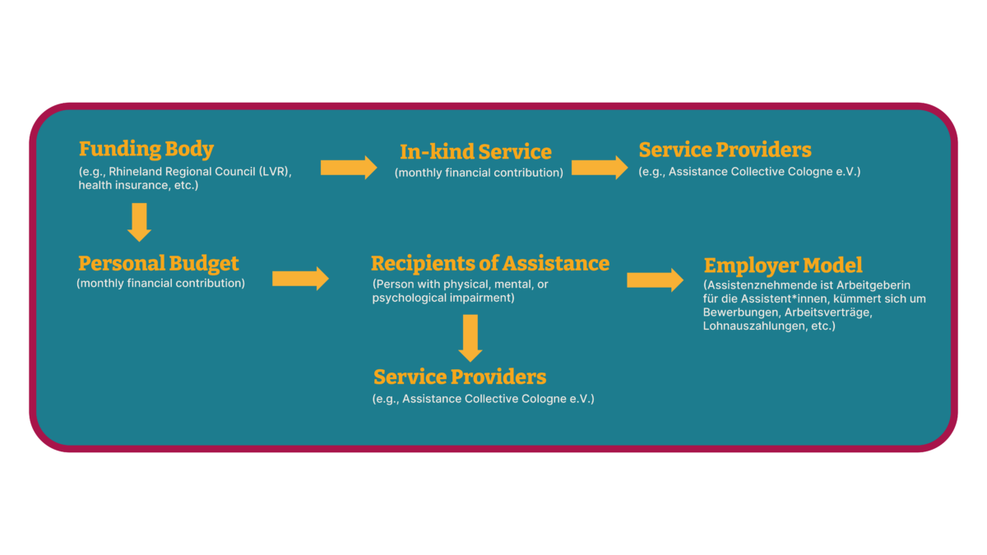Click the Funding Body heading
(x=146, y=150)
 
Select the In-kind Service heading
(x=475, y=152)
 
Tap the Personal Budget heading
(x=158, y=264)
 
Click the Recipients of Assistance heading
(x=490, y=264)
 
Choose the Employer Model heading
(x=783, y=266)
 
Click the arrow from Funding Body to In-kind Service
(x=349, y=168)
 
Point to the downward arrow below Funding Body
(x=139, y=222)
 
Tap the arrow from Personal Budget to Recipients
(x=300, y=279)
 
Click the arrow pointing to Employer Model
(x=655, y=280)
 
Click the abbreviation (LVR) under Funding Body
(x=276, y=172)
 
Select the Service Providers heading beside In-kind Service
(x=725, y=150)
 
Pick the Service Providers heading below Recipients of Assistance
(x=460, y=377)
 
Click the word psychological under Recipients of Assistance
(x=410, y=298)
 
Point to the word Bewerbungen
(x=740, y=313)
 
